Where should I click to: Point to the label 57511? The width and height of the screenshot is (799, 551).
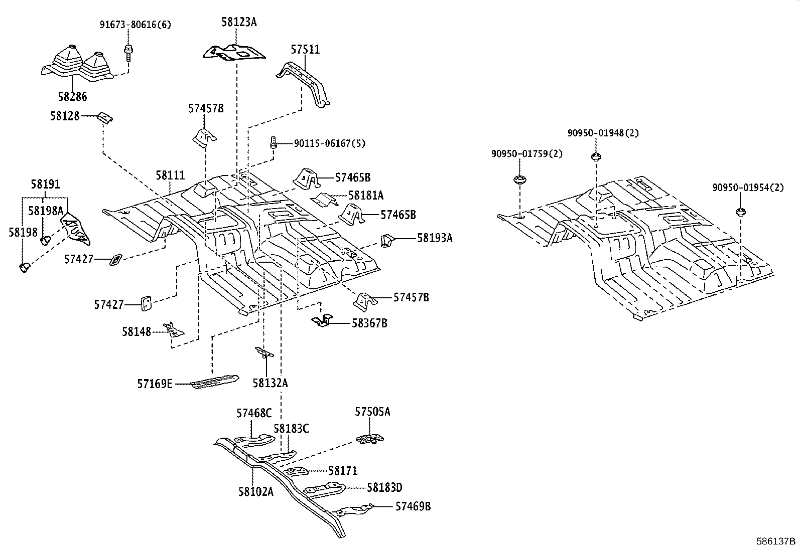[305, 50]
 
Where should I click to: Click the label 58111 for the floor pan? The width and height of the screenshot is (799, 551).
[170, 176]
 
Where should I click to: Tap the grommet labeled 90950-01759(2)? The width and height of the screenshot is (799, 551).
[519, 179]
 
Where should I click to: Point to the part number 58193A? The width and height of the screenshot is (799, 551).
[435, 238]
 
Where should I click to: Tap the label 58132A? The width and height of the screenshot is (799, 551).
[270, 383]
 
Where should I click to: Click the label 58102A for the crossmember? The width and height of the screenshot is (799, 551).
[255, 491]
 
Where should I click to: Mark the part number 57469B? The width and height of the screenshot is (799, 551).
[413, 506]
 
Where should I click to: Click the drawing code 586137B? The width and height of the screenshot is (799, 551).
[776, 541]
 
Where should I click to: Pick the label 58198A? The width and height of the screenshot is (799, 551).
[46, 211]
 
